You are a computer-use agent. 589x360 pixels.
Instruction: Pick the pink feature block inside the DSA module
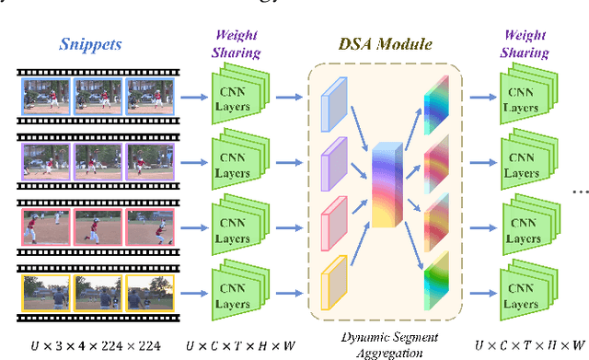click(x=331, y=219)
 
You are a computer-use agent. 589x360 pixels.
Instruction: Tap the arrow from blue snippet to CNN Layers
click(x=193, y=96)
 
